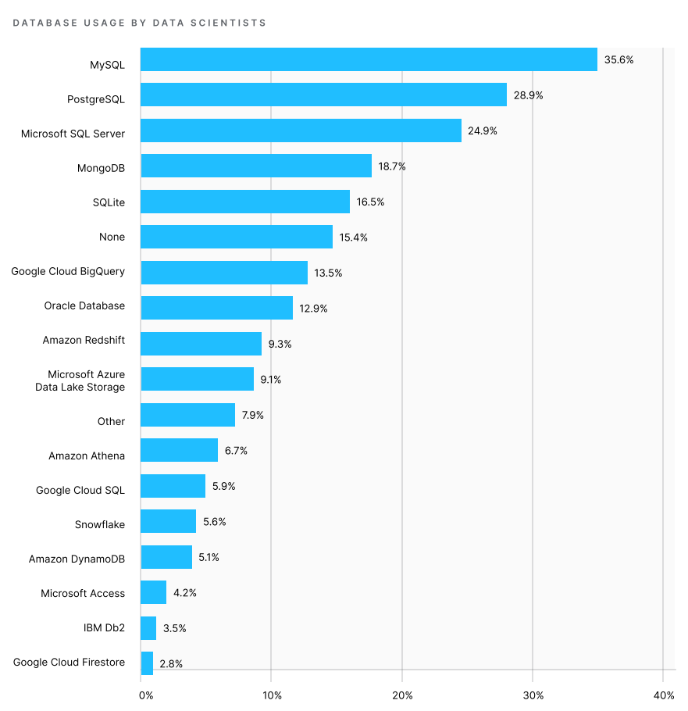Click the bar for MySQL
(x=369, y=59)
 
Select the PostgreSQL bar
(x=323, y=95)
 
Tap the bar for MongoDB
(x=256, y=166)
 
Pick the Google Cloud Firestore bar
(x=147, y=663)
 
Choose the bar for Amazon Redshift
(x=201, y=344)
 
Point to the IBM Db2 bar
(x=148, y=628)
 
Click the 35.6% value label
(x=618, y=59)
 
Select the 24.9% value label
(x=483, y=130)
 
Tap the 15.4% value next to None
(x=353, y=237)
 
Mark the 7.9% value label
(x=252, y=415)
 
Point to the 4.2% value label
(x=184, y=593)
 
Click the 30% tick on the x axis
(x=533, y=695)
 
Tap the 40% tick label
(x=663, y=695)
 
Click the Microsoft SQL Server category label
(x=73, y=134)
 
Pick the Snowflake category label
(x=100, y=524)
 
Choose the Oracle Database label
(x=84, y=305)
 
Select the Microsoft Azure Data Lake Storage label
(x=81, y=381)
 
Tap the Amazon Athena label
(x=87, y=456)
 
